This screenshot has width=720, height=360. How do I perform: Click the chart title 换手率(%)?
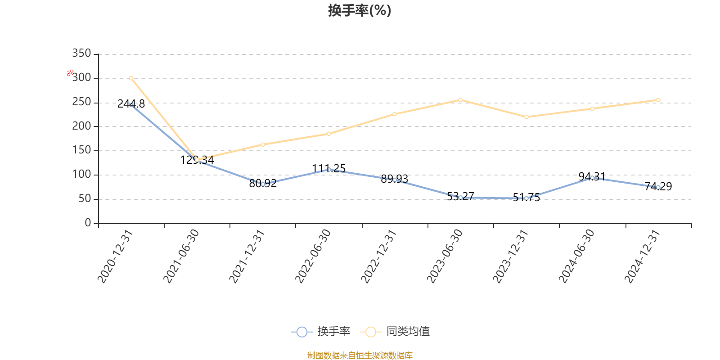click(360, 10)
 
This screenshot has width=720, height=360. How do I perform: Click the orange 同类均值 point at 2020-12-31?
click(131, 78)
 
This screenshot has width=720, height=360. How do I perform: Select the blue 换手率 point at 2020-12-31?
click(131, 105)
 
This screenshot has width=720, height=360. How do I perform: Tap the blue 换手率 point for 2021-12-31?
click(263, 184)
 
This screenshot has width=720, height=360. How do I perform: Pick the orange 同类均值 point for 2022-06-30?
click(328, 134)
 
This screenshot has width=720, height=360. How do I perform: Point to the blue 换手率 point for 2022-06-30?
click(329, 170)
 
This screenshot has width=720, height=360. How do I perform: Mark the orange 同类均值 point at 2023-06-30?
click(460, 100)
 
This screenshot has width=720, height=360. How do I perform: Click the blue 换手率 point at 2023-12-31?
click(526, 198)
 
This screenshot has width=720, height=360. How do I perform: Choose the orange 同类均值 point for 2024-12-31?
click(658, 100)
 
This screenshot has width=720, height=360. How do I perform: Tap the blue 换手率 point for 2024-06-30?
click(592, 178)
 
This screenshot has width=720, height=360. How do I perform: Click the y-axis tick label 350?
click(81, 54)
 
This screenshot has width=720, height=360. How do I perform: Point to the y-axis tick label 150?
click(81, 150)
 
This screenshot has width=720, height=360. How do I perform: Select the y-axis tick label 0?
click(88, 223)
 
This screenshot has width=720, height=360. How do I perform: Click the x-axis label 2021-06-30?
click(181, 256)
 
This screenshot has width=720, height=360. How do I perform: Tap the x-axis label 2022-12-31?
click(378, 256)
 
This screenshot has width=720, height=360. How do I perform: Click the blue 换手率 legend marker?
click(302, 332)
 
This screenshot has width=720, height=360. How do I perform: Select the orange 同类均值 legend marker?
click(370, 332)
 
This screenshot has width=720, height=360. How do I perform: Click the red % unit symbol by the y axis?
click(70, 73)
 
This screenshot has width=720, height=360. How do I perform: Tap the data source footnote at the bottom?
click(360, 355)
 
